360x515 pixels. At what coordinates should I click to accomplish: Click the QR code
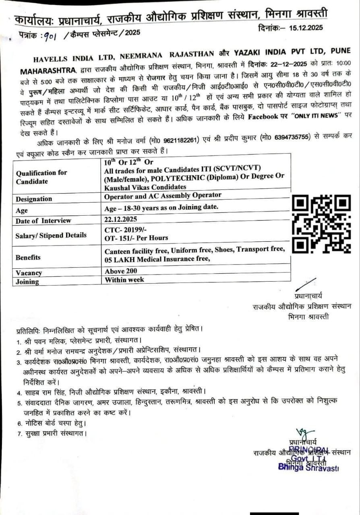[321, 224]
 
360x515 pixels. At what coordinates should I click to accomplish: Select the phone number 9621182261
[180, 140]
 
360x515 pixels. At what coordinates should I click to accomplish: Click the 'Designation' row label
[34, 199]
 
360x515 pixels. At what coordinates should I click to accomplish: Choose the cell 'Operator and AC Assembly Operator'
[163, 195]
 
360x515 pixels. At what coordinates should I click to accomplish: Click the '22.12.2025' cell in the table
[121, 219]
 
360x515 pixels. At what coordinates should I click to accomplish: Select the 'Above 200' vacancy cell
[121, 271]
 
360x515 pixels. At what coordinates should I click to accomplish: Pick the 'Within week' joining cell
[124, 280]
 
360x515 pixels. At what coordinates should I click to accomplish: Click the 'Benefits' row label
[28, 257]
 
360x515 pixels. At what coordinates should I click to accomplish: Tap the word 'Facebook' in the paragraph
[263, 117]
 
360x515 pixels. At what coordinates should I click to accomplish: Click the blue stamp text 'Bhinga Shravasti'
[308, 467]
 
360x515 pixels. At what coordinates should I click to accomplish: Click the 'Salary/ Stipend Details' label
[51, 235]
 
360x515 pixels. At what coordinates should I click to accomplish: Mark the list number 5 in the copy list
[19, 403]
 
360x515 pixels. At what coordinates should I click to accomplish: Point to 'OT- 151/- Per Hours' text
[136, 238]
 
